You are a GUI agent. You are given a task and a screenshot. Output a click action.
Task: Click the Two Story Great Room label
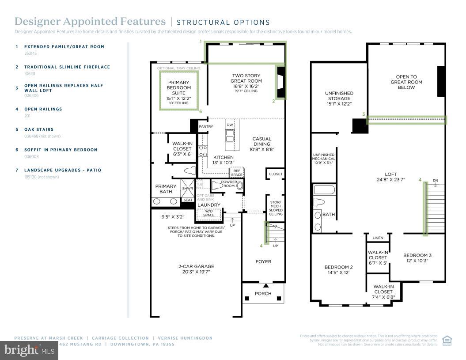point(246,78)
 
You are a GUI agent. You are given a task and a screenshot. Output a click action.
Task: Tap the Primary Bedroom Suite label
point(178,87)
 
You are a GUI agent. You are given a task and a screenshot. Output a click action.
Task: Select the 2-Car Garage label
point(196,266)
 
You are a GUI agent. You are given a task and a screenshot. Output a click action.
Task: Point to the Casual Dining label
point(262,141)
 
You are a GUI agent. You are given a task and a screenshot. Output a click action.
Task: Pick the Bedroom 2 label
point(338,267)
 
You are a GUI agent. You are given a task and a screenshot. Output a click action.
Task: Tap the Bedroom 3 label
point(417,255)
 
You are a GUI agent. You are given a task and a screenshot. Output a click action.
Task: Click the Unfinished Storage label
point(339,96)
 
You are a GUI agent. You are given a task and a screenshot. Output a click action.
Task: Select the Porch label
point(263,294)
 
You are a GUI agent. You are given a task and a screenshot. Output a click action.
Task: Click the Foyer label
point(263,261)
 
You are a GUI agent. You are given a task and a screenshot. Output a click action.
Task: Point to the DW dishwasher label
point(230,125)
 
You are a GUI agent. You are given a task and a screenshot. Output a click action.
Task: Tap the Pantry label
point(206,127)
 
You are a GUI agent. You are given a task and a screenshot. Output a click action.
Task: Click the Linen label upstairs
point(378,238)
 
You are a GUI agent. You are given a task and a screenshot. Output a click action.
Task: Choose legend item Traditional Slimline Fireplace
point(67,67)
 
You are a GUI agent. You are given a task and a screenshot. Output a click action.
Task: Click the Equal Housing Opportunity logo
point(447,340)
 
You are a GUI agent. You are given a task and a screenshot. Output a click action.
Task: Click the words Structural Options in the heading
point(223,23)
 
